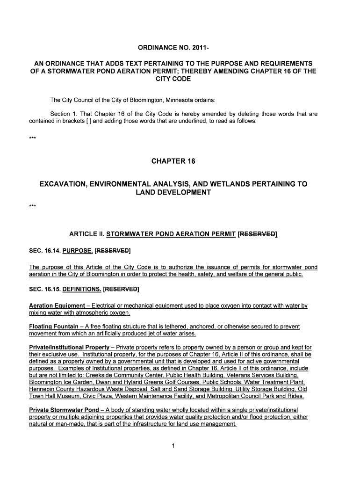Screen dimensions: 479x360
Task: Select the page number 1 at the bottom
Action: [x=173, y=446]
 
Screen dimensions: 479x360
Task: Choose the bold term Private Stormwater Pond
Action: [x=59, y=410]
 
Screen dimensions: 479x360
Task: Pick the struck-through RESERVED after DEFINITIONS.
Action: [x=121, y=289]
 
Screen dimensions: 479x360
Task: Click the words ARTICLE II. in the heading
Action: [x=86, y=234]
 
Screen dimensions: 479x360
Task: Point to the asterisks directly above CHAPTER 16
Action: [x=32, y=138]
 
